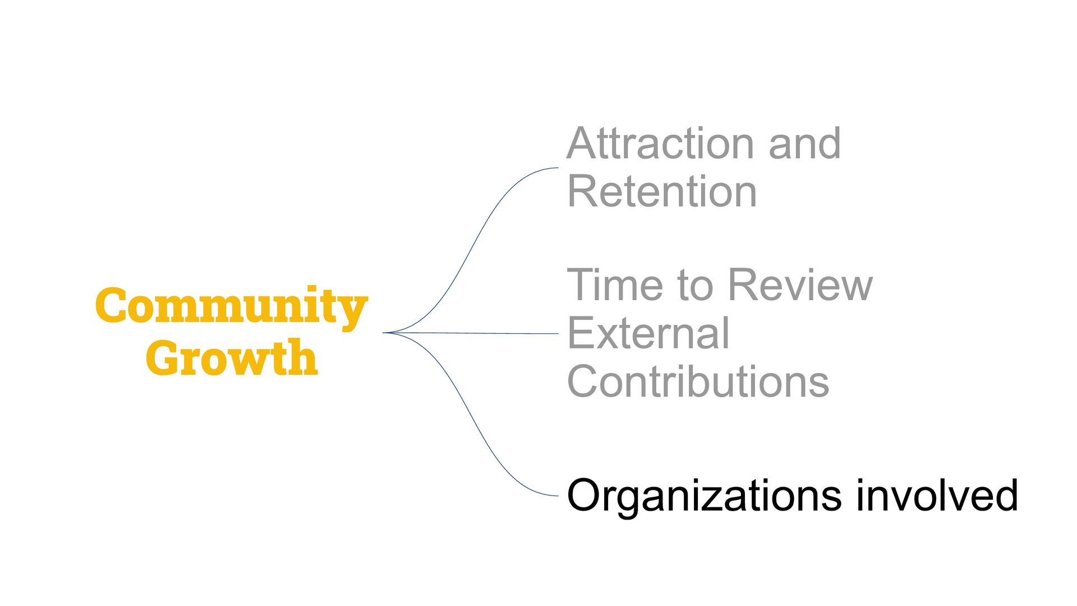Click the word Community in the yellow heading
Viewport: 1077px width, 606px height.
tap(231, 306)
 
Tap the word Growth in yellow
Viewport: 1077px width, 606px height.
tap(231, 357)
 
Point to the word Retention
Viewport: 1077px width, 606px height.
tap(662, 192)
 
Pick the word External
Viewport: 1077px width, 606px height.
tap(648, 333)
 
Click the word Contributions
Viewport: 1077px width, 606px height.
tap(698, 382)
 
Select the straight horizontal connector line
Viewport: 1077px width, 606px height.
tap(477, 333)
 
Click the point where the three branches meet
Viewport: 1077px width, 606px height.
tap(385, 333)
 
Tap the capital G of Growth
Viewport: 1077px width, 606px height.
tap(162, 357)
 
